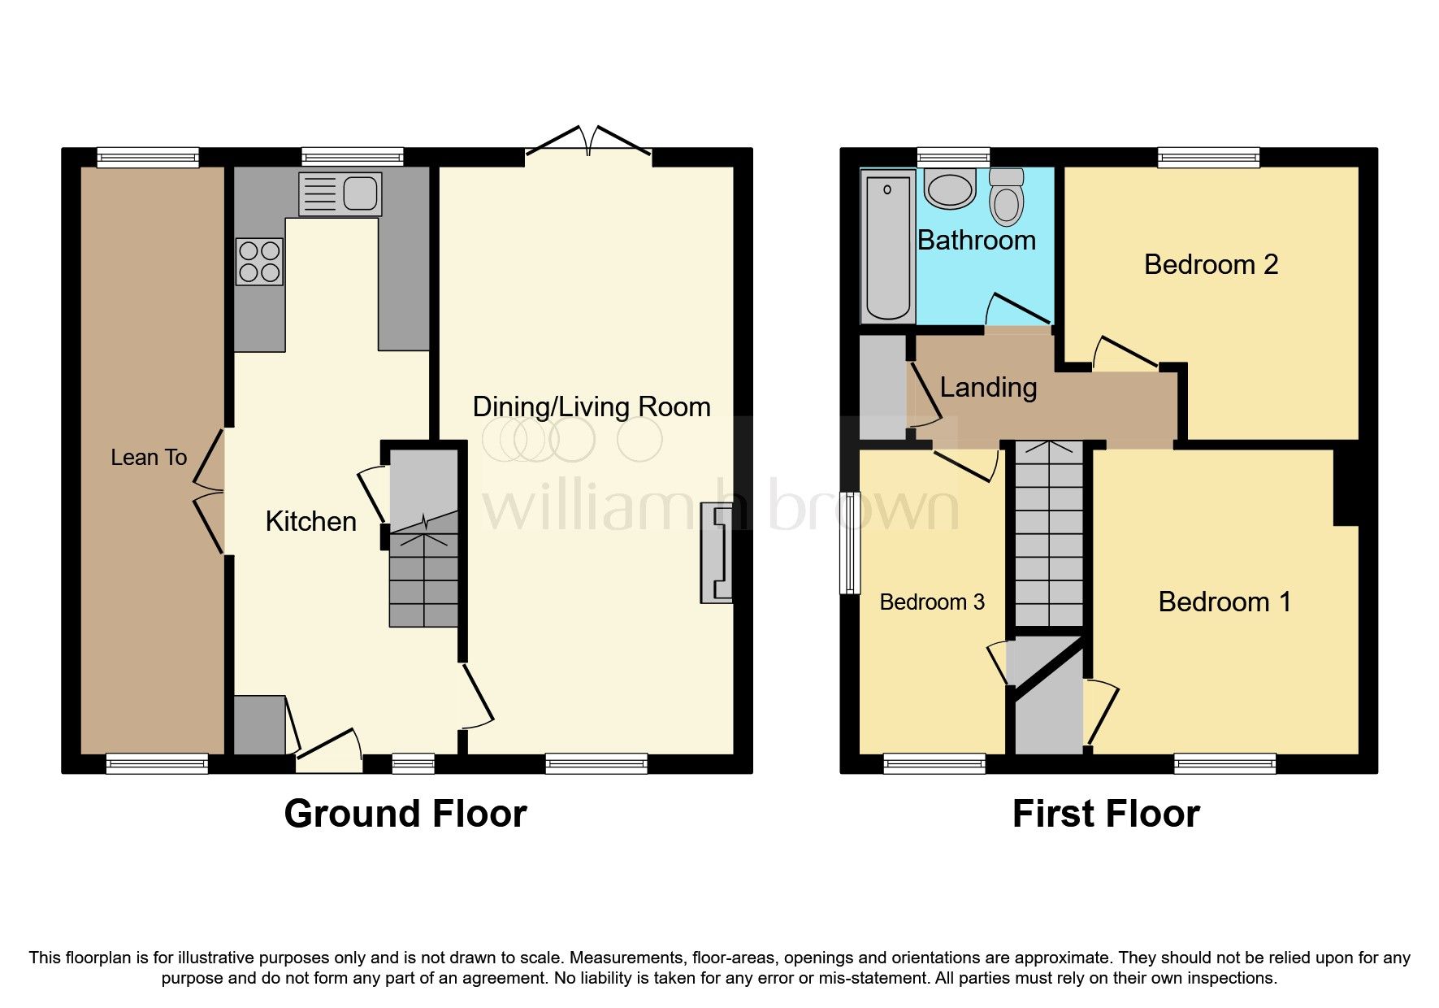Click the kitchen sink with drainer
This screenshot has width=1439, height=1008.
click(x=340, y=193)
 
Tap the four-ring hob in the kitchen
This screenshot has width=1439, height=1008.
click(x=259, y=262)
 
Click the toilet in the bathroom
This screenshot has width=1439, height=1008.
click(x=1007, y=197)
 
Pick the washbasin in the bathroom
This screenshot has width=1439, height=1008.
click(x=950, y=189)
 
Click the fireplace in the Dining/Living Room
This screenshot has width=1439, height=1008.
click(x=716, y=554)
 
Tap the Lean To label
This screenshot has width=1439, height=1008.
click(x=149, y=458)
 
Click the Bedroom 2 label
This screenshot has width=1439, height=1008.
click(x=1211, y=264)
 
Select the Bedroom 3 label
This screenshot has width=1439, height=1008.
click(x=932, y=602)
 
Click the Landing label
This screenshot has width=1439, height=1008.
click(x=988, y=388)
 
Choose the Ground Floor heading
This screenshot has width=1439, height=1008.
click(x=405, y=814)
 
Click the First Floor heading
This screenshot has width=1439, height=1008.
click(x=1105, y=814)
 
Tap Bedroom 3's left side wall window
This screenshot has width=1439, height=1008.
click(x=849, y=542)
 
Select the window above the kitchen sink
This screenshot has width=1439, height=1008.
click(x=352, y=157)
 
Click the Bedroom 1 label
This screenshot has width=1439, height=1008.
click(x=1224, y=602)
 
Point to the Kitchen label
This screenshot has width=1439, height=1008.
click(x=310, y=521)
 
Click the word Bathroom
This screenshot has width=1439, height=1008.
click(x=976, y=241)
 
